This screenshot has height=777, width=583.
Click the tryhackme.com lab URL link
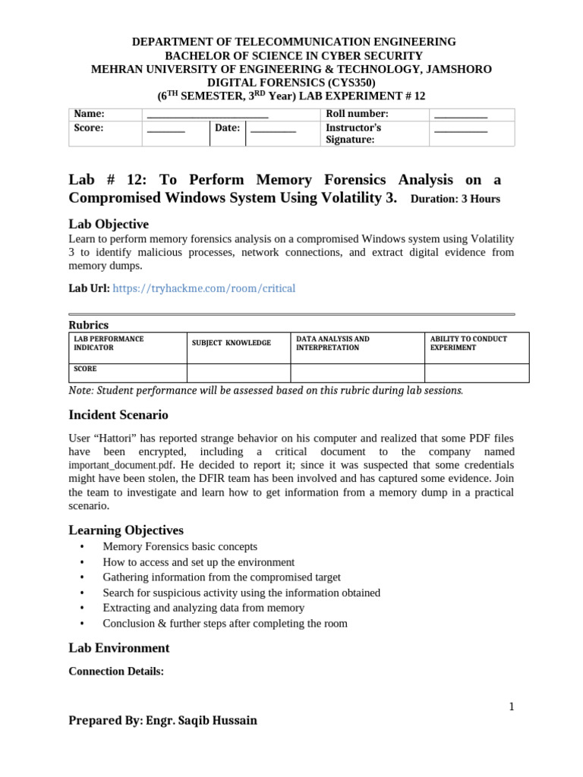204,288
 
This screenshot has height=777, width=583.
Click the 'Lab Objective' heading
109,224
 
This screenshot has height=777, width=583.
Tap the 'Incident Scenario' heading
118,415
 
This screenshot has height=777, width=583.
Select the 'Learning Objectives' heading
126,530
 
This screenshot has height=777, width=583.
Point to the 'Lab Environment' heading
119,648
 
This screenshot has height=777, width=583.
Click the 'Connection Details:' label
116,672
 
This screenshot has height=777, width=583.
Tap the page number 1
512,707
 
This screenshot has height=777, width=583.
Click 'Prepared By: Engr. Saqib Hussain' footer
162,721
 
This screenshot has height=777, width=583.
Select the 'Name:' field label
89,114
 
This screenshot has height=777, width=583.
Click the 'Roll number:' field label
357,114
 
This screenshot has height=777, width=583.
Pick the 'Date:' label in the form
227,128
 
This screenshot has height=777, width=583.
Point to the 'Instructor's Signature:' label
353,134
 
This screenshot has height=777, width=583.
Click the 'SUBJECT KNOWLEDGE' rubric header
231,343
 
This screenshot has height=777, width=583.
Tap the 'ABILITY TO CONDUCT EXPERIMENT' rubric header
468,343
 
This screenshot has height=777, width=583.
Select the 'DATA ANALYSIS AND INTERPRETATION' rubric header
332,343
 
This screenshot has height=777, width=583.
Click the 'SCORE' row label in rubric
85,370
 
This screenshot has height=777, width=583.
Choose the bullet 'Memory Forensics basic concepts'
180,546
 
